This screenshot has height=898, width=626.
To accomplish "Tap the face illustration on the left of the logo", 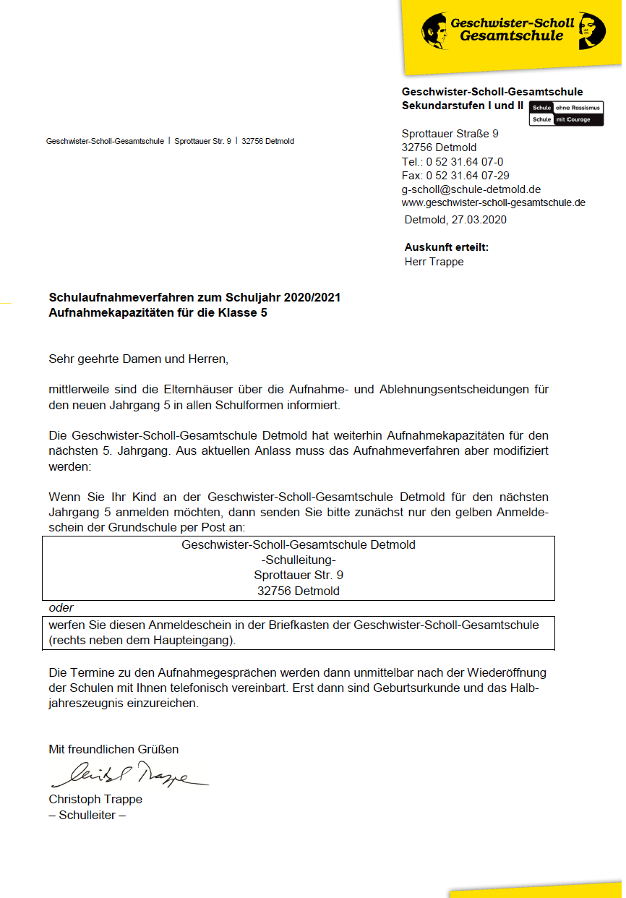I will tap(436, 31).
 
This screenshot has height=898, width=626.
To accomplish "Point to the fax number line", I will tap(455, 176).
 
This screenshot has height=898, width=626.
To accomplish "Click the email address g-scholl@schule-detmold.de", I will tap(471, 189).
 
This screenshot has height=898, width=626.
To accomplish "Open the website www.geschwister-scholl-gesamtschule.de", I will tap(493, 203).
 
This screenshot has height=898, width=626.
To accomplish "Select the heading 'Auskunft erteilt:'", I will tap(446, 247).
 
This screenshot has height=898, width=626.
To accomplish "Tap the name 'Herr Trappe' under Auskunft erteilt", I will tap(434, 262).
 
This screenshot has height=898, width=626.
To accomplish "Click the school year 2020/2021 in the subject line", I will tap(312, 297).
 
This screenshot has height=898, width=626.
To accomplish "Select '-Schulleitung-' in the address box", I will tap(299, 560).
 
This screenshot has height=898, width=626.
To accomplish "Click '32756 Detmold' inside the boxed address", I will tap(299, 591).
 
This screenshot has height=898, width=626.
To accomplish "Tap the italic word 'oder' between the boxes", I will tap(61, 608).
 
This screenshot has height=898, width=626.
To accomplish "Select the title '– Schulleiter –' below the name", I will tap(87, 815).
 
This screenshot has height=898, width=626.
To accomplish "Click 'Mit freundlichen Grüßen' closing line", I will tap(113, 749).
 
